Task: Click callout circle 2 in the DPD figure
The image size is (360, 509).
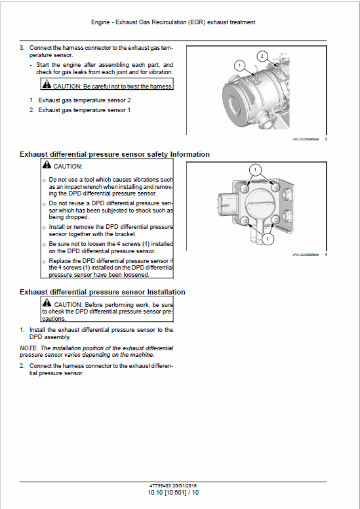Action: click(x=262, y=56)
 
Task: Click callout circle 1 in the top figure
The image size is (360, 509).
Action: click(x=239, y=66)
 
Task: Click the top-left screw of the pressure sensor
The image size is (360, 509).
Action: click(x=245, y=189)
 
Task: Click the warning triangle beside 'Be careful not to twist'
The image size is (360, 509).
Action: click(x=46, y=85)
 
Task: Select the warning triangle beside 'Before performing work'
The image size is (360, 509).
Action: click(x=46, y=304)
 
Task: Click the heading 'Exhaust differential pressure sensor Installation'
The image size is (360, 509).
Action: click(x=102, y=292)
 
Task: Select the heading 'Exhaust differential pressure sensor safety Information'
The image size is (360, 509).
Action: click(x=115, y=154)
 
